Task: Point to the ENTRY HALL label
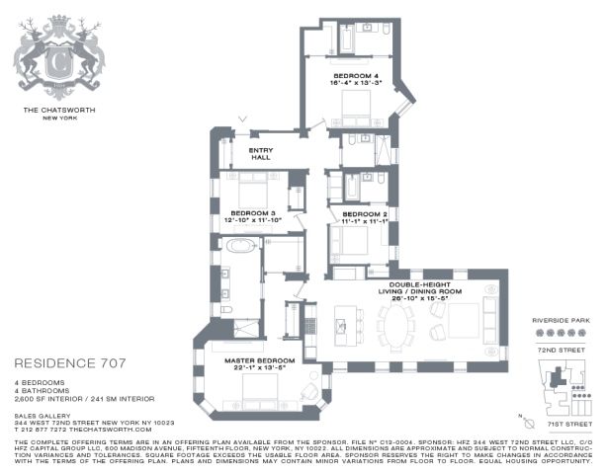tap(259, 153)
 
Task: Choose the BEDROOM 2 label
tap(364, 215)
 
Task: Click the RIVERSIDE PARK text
tap(561, 321)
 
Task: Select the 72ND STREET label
tap(561, 350)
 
